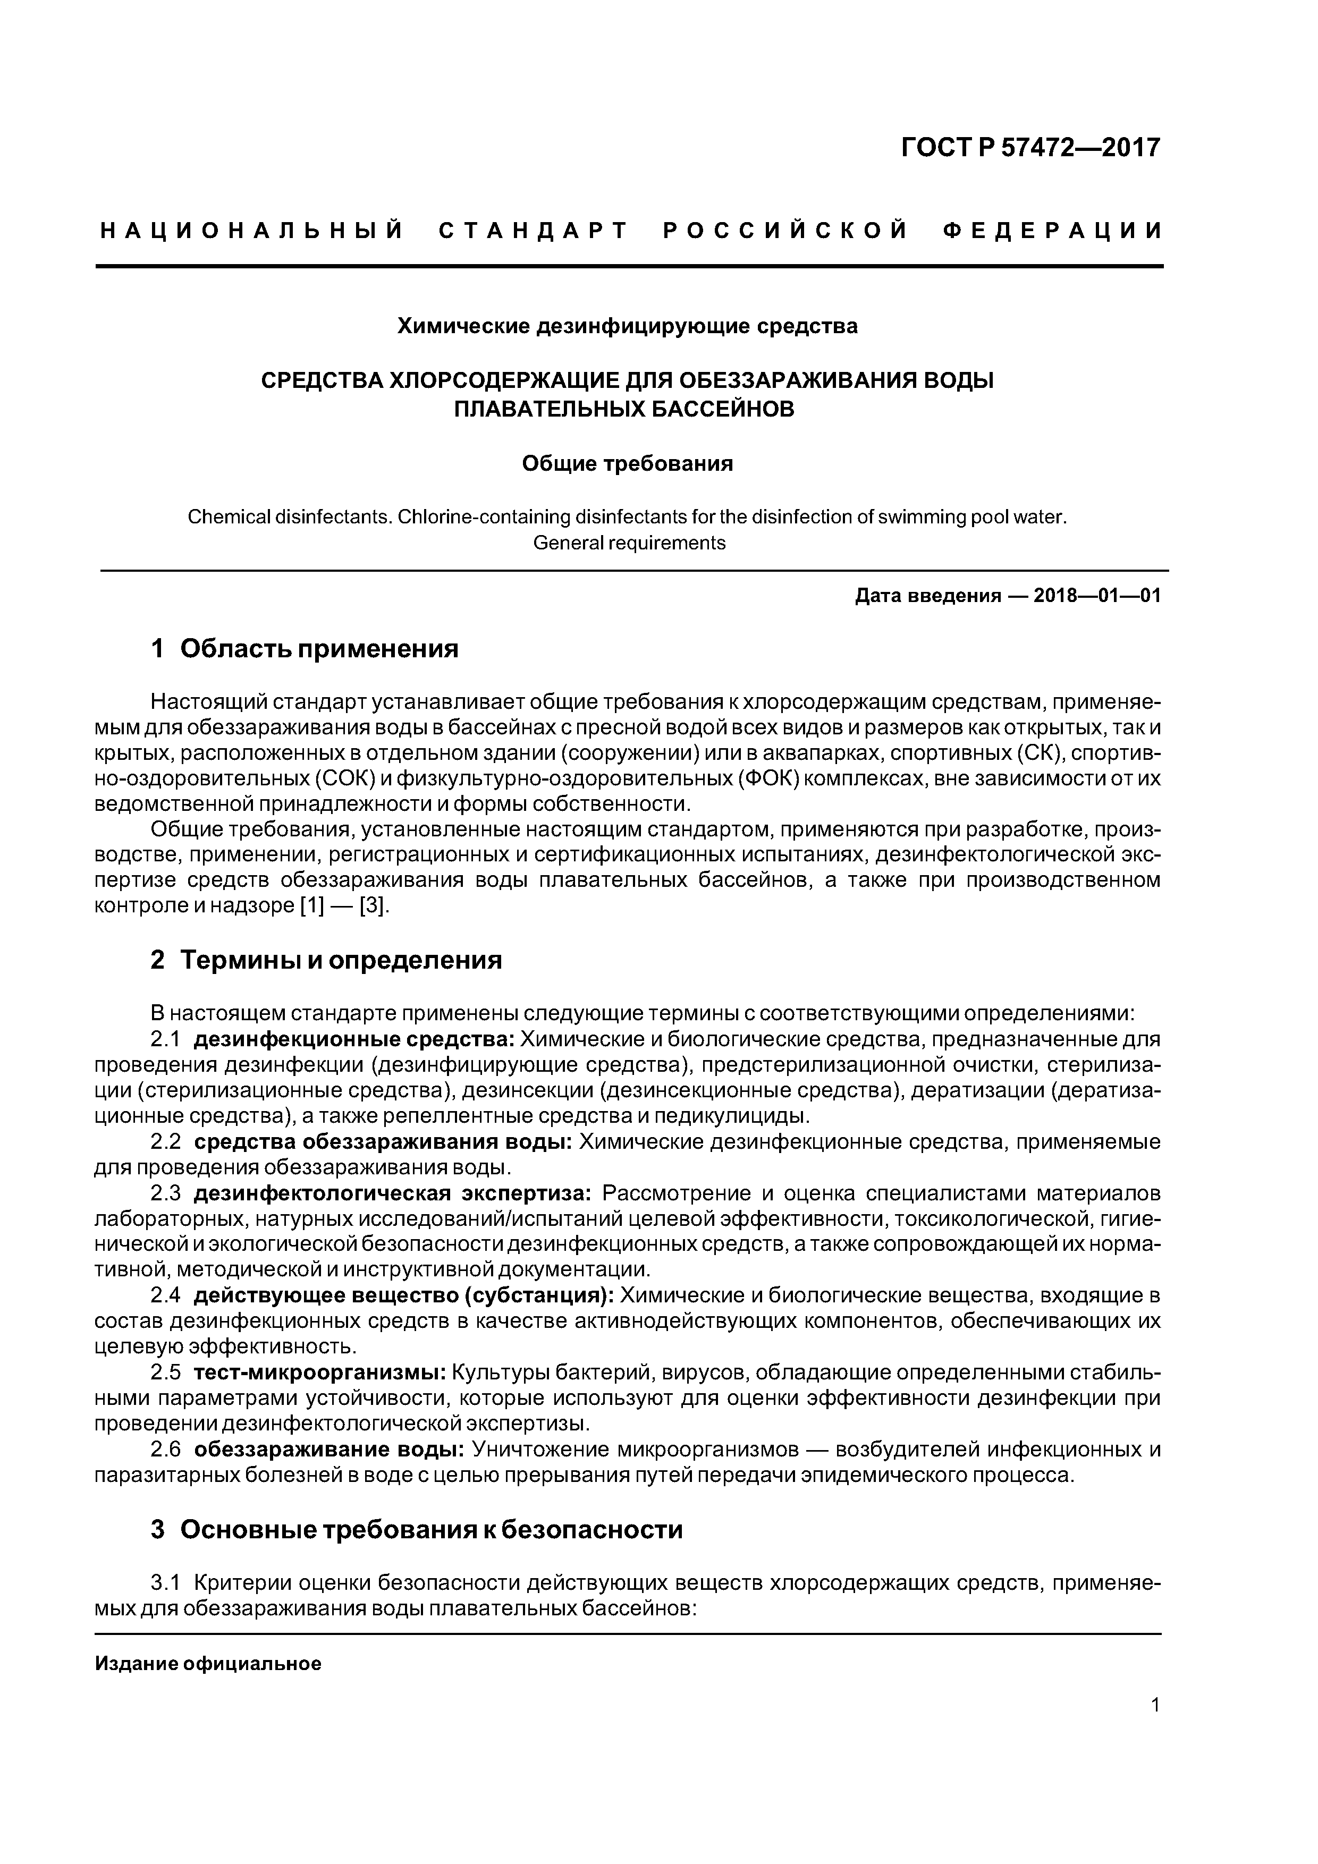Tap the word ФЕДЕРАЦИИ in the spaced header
pos(1053,231)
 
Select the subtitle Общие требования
pos(627,463)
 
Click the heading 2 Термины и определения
pos(326,960)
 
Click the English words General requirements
pos(629,543)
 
